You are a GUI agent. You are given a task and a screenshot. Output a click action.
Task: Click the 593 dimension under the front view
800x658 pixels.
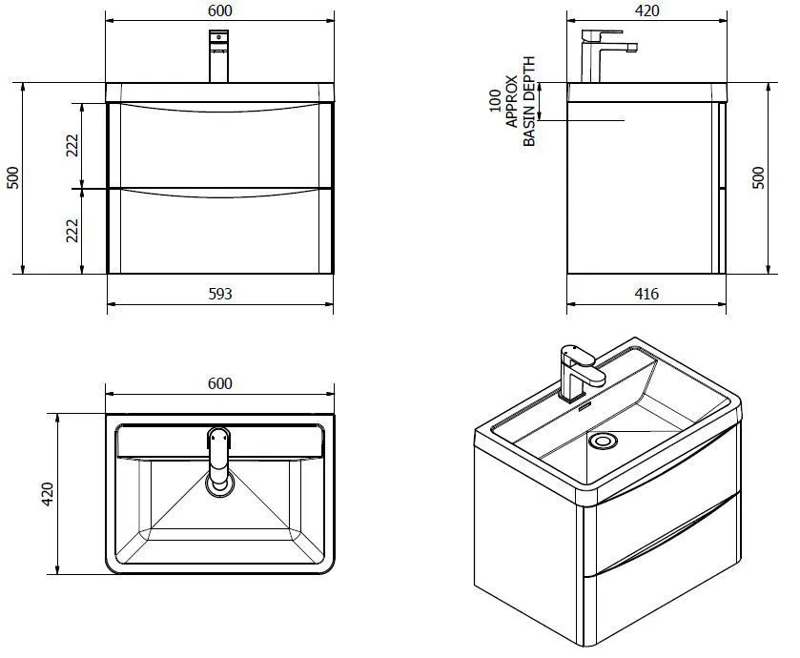pyautogui.click(x=219, y=294)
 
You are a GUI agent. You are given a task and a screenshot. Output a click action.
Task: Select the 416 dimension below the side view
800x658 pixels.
pyautogui.click(x=646, y=294)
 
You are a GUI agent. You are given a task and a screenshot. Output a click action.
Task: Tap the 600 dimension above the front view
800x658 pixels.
pyautogui.click(x=219, y=10)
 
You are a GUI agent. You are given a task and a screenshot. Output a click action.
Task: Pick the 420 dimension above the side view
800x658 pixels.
pyautogui.click(x=646, y=10)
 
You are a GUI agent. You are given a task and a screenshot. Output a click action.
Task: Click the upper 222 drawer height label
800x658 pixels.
pyautogui.click(x=72, y=146)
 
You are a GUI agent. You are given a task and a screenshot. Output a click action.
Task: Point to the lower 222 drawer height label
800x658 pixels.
pyautogui.click(x=72, y=231)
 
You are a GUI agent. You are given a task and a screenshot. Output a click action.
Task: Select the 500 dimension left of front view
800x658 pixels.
pyautogui.click(x=12, y=178)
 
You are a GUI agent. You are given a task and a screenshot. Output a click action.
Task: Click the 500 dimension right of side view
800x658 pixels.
pyautogui.click(x=759, y=178)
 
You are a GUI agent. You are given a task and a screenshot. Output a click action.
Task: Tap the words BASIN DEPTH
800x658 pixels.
pyautogui.click(x=530, y=101)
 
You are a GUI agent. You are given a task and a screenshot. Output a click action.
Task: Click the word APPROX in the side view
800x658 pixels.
pyautogui.click(x=512, y=101)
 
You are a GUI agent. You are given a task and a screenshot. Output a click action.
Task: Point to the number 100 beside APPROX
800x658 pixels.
pyautogui.click(x=495, y=101)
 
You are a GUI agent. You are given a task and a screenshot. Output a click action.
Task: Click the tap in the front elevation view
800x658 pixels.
pyautogui.click(x=219, y=57)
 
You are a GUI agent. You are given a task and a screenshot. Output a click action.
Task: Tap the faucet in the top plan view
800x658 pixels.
pyautogui.click(x=220, y=458)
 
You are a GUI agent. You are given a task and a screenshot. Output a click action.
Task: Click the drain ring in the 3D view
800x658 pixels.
pyautogui.click(x=603, y=442)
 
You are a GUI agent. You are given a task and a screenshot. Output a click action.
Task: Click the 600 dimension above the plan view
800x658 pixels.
pyautogui.click(x=219, y=383)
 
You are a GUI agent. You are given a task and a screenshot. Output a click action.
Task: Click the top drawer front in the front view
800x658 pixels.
pyautogui.click(x=219, y=148)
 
